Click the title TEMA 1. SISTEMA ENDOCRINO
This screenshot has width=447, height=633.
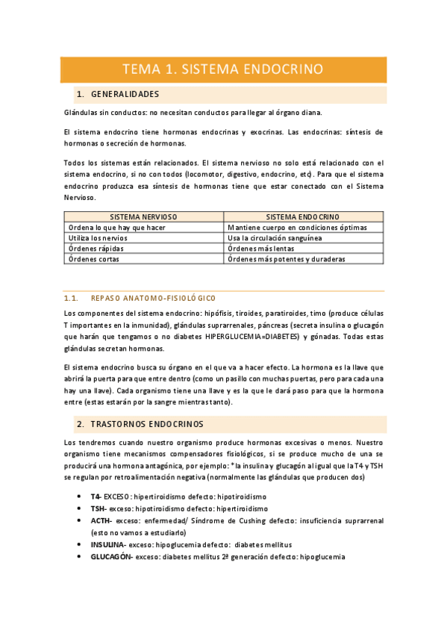point(222,69)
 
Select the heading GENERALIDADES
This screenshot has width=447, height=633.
point(125,95)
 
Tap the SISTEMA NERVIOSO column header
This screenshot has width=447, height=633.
point(143,216)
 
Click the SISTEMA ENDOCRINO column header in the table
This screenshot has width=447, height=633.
point(303,216)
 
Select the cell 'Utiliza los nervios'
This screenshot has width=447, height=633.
point(101,237)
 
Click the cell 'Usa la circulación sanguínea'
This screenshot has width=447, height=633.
point(275,237)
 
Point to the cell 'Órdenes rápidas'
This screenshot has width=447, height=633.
point(96,249)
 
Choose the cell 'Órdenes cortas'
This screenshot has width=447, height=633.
point(93,259)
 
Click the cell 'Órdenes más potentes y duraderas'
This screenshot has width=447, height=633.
point(287,259)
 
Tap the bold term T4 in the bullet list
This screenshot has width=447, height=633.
point(95,496)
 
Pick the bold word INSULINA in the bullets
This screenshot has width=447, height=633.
point(107,545)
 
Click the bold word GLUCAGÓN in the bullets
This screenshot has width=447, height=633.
point(109,557)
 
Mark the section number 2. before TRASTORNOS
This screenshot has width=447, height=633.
point(80,424)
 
